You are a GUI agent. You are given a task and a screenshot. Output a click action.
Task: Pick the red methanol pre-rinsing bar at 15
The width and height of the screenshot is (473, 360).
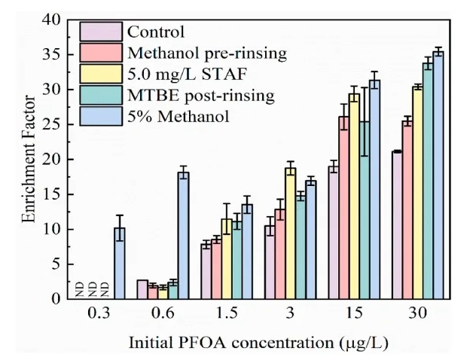pos(343,208)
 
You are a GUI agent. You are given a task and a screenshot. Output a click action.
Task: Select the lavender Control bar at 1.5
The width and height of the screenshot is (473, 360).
pos(206,271)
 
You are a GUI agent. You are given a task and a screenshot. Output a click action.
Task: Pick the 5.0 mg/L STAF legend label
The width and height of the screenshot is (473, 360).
pos(178,75)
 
